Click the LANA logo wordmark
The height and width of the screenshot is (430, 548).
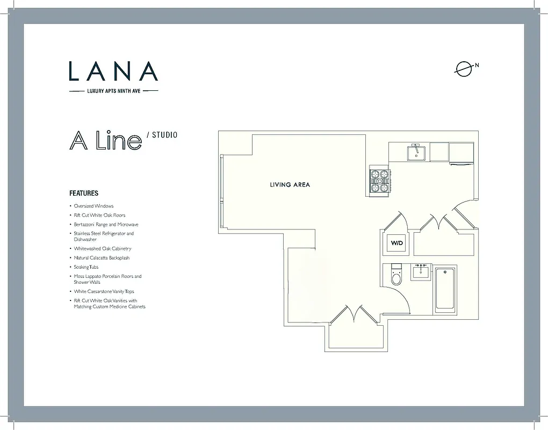pyautogui.click(x=113, y=71)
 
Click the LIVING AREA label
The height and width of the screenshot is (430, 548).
pyautogui.click(x=290, y=185)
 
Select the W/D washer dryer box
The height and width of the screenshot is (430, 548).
pyautogui.click(x=396, y=243)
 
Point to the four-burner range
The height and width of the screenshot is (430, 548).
pyautogui.click(x=379, y=181)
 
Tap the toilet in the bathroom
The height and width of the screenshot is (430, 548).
pyautogui.click(x=396, y=275)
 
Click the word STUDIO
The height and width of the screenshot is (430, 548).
pyautogui.click(x=164, y=135)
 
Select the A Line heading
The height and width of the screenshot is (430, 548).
pyautogui.click(x=105, y=140)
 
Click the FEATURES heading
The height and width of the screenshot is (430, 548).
pyautogui.click(x=84, y=193)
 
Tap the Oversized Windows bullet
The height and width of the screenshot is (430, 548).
pyautogui.click(x=93, y=206)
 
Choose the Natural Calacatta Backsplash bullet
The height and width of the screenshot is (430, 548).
pyautogui.click(x=102, y=258)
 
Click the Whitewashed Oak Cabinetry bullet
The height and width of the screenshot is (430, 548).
pyautogui.click(x=102, y=249)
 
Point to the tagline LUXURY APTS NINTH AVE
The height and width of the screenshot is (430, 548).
pyautogui.click(x=114, y=91)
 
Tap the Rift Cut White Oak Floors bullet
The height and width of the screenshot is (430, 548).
pyautogui.click(x=99, y=215)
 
